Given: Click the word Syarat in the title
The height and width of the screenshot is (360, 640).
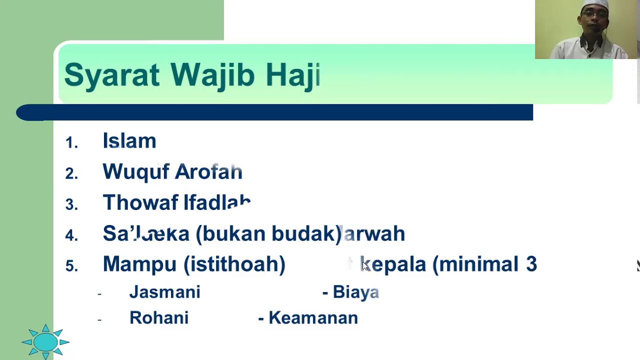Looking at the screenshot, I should tap(111, 75).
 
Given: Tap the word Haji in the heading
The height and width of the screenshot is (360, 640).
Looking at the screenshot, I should tap(292, 75).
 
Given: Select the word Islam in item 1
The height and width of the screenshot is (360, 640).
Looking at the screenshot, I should tap(129, 141).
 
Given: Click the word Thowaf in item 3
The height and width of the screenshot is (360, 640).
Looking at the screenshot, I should tap(139, 202).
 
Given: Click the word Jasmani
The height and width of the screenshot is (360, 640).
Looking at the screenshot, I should tap(164, 292).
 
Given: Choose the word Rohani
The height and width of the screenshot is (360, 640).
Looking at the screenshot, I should tap(159, 318).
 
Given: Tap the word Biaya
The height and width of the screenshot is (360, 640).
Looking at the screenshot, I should tap(355, 292).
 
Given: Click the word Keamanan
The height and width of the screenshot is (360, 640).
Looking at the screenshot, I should tap(313, 318).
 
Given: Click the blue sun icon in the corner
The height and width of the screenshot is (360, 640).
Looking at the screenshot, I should tap(45, 342).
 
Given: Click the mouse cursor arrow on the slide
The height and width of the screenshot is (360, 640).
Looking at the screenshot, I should tap(364, 266).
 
